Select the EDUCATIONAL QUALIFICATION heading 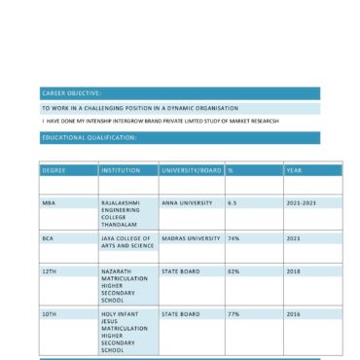[89, 138]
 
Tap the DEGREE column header [54, 170]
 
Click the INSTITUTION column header [120, 170]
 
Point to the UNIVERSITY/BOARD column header [191, 170]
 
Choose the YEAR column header [294, 170]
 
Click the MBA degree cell [49, 202]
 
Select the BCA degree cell [48, 237]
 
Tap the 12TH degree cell [49, 271]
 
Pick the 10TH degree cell [49, 314]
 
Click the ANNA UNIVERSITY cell [187, 202]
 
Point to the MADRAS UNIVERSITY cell [191, 237]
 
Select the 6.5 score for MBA [233, 202]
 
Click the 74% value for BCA [234, 237]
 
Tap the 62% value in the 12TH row [234, 271]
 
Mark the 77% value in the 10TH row [234, 314]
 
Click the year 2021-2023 [301, 202]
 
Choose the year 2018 [293, 271]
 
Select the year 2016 [293, 314]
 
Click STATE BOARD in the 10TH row [181, 314]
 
